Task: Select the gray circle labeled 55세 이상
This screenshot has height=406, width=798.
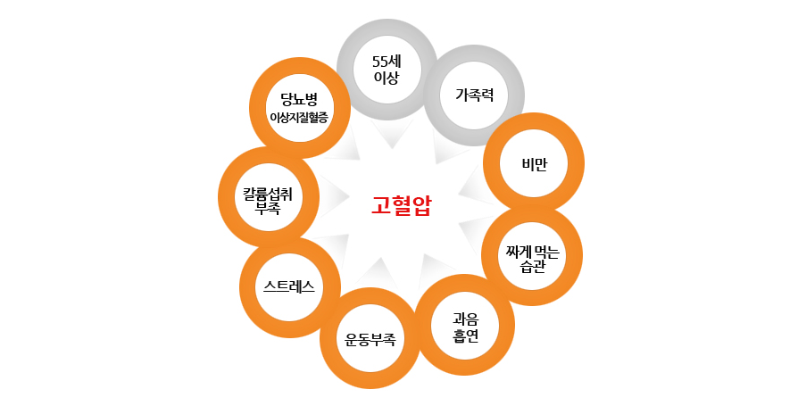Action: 387,69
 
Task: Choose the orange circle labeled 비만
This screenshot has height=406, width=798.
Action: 534,163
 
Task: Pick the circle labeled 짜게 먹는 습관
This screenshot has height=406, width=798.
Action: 532,256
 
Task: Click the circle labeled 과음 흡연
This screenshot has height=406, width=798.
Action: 466,325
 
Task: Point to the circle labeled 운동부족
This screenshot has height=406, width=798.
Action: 370,338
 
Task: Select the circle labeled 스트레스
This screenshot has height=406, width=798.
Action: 289,286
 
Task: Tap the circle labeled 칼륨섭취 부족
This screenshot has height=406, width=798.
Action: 268,197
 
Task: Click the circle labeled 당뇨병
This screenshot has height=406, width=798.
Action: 299,107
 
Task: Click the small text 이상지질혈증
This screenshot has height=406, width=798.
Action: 299,118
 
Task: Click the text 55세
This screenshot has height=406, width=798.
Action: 387,60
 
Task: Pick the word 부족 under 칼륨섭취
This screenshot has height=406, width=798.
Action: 268,208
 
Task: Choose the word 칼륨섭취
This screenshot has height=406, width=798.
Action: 268,192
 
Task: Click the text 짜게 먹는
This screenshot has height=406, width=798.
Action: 532,249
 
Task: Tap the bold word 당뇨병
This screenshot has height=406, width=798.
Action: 299,97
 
